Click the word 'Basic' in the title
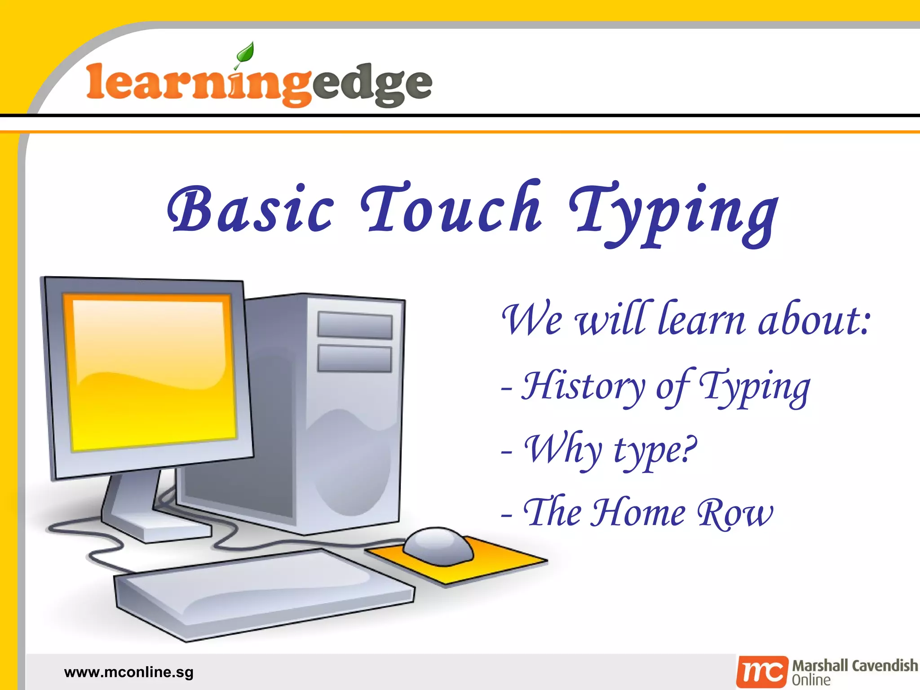pos(251,209)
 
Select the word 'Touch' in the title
pos(451,208)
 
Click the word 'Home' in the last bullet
pos(638,513)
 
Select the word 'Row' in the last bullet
pos(735,513)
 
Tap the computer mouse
pos(438,545)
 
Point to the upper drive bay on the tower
pos(354,325)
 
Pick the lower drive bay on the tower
pos(354,358)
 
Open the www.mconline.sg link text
pos(129,672)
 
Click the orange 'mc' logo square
pos(762,672)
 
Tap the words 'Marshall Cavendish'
pos(855,665)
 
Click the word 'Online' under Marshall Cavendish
pos(811,680)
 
